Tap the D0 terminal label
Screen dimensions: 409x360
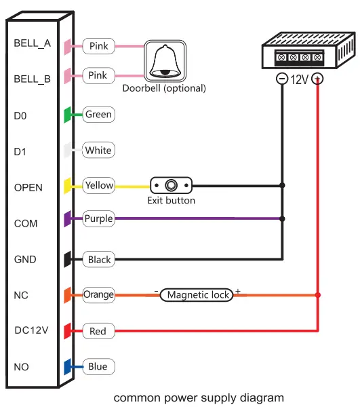tap(20, 116)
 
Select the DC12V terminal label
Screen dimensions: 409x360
tap(30, 330)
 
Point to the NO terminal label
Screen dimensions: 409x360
tap(21, 367)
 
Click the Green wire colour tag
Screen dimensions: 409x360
tap(98, 115)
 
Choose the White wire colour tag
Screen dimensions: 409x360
tap(98, 150)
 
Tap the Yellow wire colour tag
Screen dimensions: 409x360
tap(99, 185)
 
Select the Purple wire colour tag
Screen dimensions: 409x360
tap(98, 219)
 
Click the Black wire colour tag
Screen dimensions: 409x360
tap(98, 259)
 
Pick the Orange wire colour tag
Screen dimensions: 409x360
tap(99, 294)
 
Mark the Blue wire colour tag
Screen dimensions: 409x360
tap(98, 366)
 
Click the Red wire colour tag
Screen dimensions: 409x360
tap(98, 331)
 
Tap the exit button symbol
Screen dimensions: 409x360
tap(172, 185)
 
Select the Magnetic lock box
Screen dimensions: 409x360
tap(198, 294)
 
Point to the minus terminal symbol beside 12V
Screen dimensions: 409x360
tap(281, 79)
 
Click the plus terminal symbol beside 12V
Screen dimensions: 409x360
tap(317, 79)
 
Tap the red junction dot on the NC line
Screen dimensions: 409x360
tap(318, 295)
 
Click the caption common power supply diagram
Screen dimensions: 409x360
tap(199, 397)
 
